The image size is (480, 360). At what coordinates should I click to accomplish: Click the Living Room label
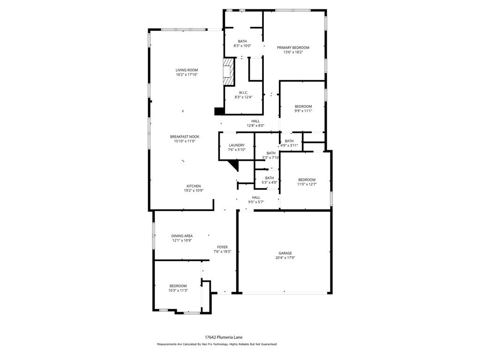187,70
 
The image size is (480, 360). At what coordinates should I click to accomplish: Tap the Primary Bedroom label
293,48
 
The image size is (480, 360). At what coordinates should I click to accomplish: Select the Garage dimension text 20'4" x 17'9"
285,257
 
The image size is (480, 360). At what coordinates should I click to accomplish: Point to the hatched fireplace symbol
228,72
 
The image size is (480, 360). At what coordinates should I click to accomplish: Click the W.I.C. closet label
243,92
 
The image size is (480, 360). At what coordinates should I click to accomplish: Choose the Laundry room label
237,145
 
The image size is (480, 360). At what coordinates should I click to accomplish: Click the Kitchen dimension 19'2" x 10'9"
193,191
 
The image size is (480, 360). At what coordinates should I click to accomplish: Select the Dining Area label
182,236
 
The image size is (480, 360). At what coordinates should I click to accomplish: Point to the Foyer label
222,247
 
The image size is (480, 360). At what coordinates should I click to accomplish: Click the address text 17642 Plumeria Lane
224,337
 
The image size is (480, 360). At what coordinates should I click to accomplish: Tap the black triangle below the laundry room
234,165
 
